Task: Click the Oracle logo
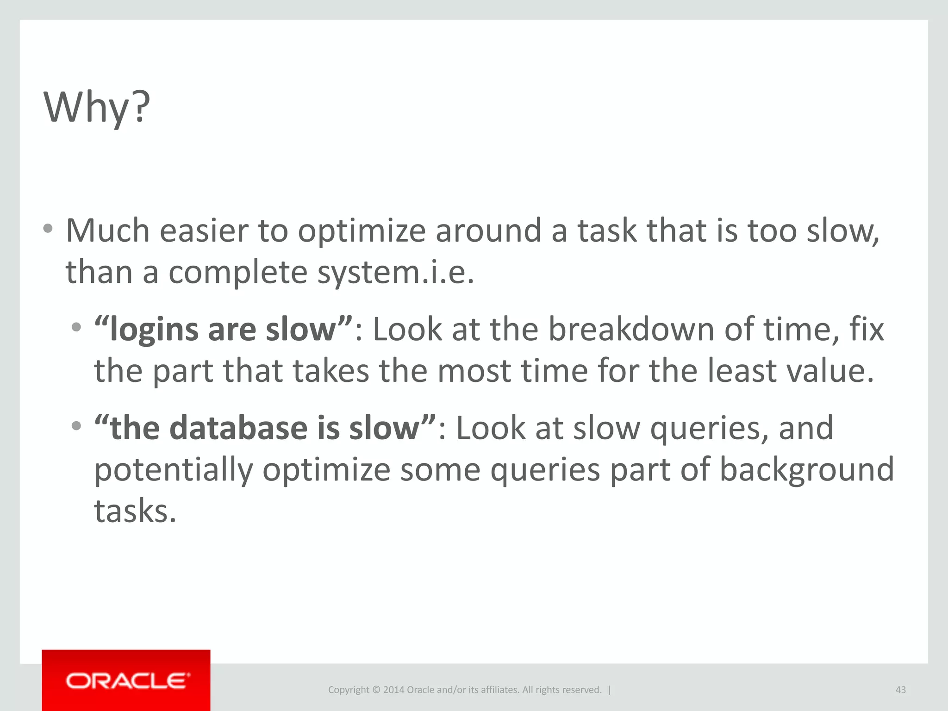tap(127, 681)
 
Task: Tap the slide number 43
tap(900, 690)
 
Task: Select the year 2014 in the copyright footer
tap(393, 690)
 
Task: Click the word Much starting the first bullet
tap(108, 230)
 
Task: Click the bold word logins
tap(154, 330)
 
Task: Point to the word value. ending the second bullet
tap(828, 371)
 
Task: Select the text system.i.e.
tap(396, 273)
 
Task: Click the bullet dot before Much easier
tap(48, 229)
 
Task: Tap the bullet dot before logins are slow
tap(76, 328)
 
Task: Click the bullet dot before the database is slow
tap(76, 426)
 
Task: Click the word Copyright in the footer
tap(349, 690)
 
